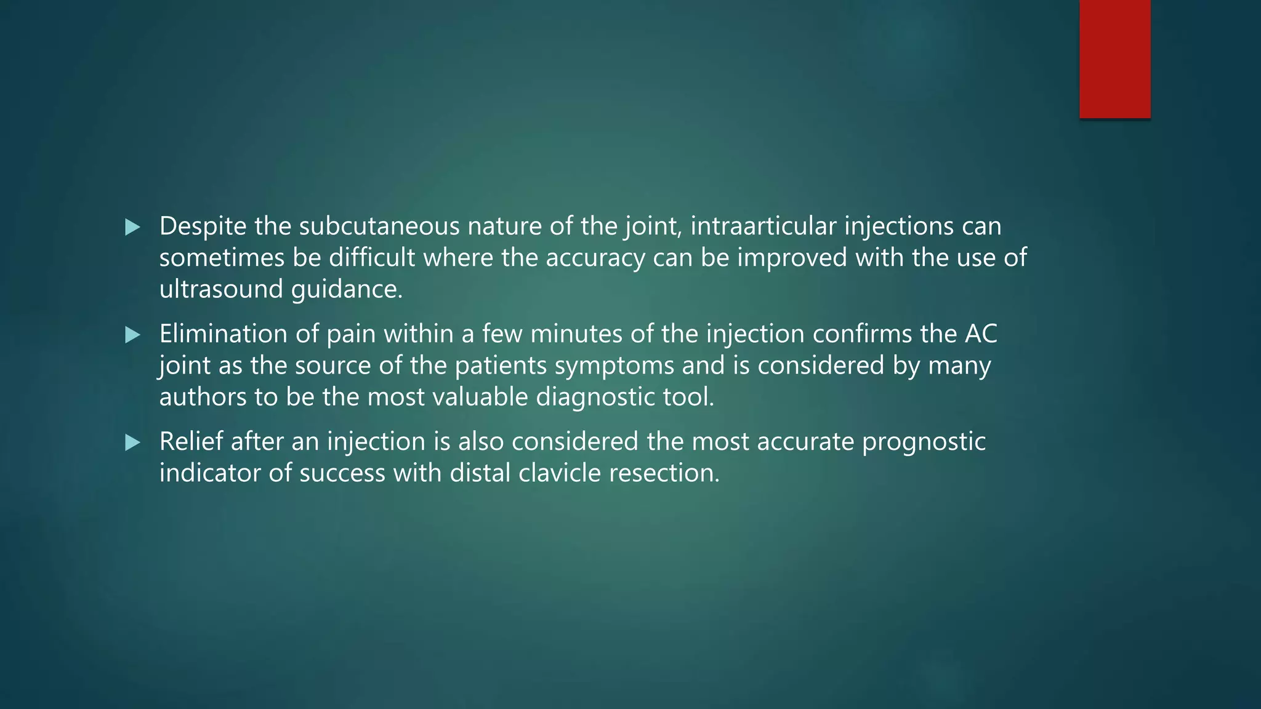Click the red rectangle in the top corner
1114,59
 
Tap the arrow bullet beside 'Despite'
132,227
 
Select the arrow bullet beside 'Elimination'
132,335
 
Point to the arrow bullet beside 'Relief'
132,443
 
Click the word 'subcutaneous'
379,226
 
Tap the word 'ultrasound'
221,289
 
